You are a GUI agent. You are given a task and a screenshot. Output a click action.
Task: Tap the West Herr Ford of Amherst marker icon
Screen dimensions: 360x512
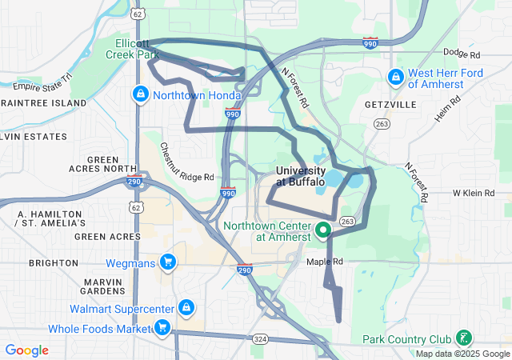(394, 78)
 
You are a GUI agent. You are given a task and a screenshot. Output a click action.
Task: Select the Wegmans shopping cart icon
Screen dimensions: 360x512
(168, 262)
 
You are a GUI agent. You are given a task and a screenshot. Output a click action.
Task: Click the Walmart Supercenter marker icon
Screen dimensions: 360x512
(186, 307)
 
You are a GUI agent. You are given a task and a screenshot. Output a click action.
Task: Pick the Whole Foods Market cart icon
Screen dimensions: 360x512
(162, 327)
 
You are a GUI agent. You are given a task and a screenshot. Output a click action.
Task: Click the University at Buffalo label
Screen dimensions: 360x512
(300, 176)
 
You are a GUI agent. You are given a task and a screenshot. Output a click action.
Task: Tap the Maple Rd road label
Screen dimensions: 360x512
(325, 262)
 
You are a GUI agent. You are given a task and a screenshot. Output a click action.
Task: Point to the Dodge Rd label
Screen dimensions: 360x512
(462, 54)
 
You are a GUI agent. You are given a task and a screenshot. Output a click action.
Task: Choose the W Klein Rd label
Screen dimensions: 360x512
(475, 194)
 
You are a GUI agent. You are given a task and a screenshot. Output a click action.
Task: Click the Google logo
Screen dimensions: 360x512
(26, 350)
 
